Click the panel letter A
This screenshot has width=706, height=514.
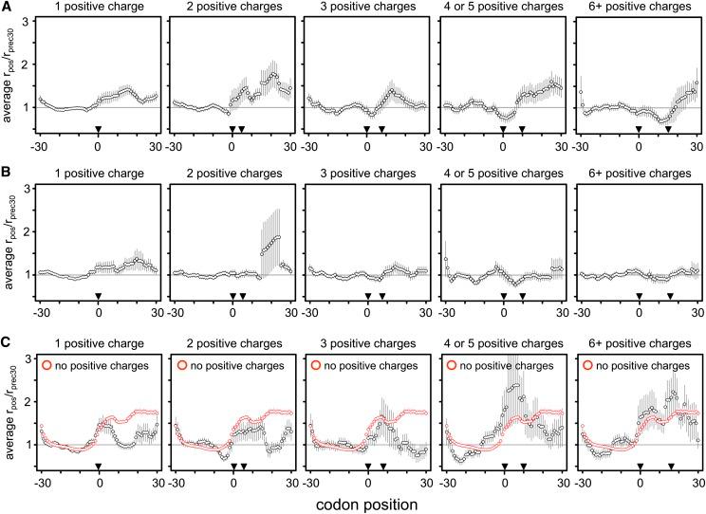tap(8, 9)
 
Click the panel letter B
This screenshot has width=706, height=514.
tap(8, 176)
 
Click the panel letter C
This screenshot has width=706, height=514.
tap(8, 343)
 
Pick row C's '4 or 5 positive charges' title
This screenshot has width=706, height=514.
tap(503, 343)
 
